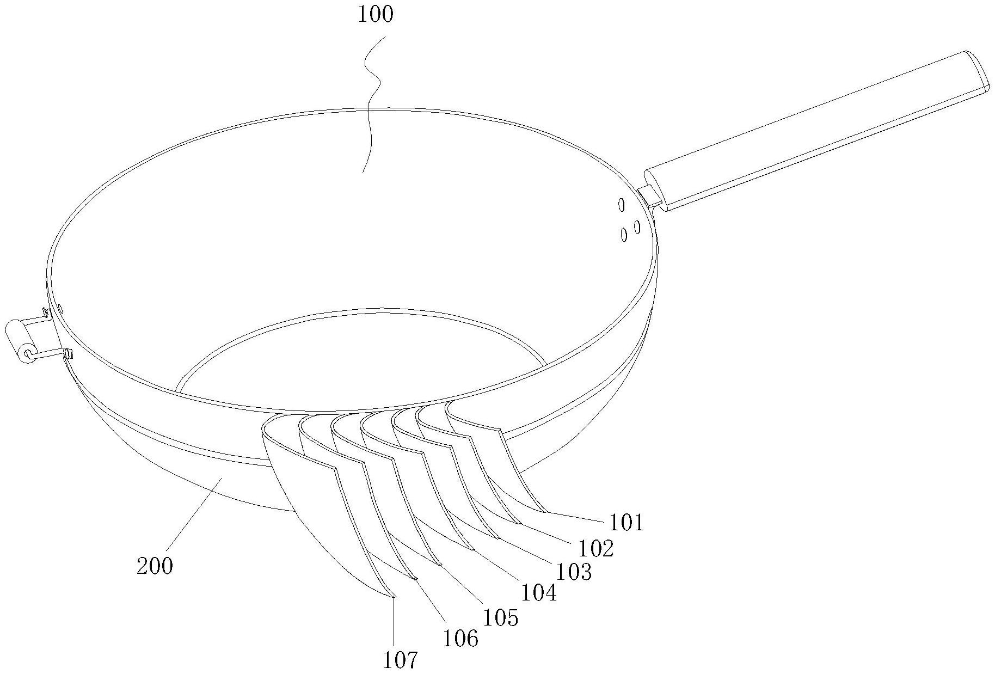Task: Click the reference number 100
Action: coord(375,15)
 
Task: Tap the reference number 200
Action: coord(155,566)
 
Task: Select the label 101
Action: coord(626,523)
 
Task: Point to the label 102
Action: coord(596,549)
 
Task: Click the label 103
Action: coord(573,572)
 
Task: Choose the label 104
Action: coord(539,593)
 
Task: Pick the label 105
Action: coord(500,617)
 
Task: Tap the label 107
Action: coord(400,660)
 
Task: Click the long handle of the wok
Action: coord(816,131)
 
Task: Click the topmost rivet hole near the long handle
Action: coord(621,205)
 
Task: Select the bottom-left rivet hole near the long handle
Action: coord(624,235)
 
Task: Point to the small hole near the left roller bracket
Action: coord(60,309)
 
